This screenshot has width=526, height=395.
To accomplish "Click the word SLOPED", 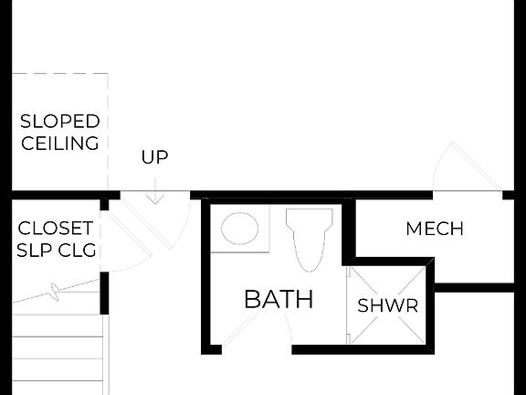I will [60, 122].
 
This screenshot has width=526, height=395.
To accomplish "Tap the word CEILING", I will [60, 144].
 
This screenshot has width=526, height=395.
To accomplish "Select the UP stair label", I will [154, 157].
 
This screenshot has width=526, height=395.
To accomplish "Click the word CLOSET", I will [56, 228].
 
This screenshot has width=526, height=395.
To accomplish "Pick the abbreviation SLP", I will [36, 250].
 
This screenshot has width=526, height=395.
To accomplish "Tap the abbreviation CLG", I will [77, 250].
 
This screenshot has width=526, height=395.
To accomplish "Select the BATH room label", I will [279, 299].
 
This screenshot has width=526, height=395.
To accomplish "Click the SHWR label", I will [388, 305].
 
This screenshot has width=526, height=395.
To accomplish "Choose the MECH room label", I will [435, 229].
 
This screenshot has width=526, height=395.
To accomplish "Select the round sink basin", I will [239, 229].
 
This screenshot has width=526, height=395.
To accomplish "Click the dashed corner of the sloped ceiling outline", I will [108, 75].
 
